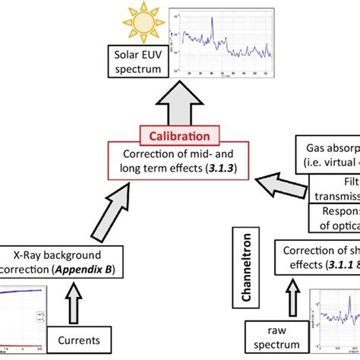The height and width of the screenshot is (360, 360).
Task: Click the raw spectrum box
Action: [x=275, y=339]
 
